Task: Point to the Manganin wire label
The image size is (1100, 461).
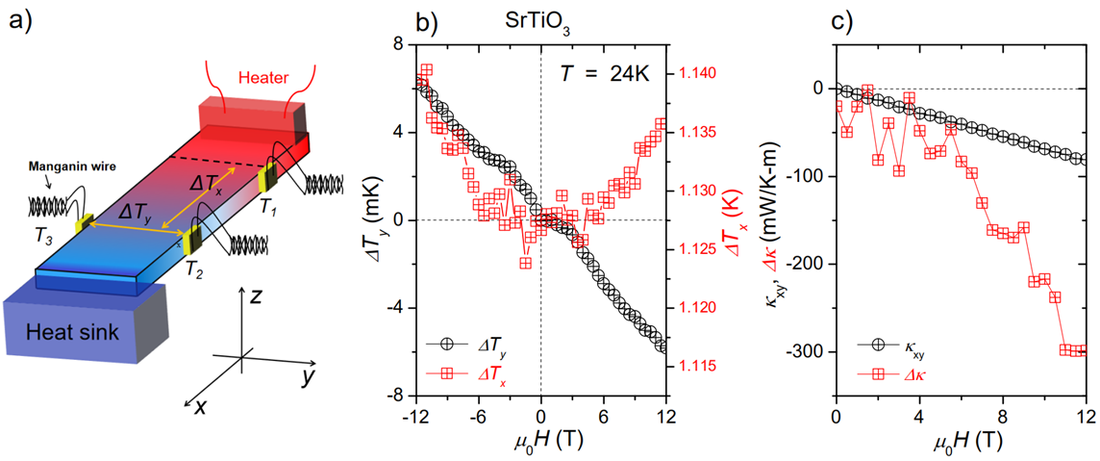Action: [73, 166]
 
